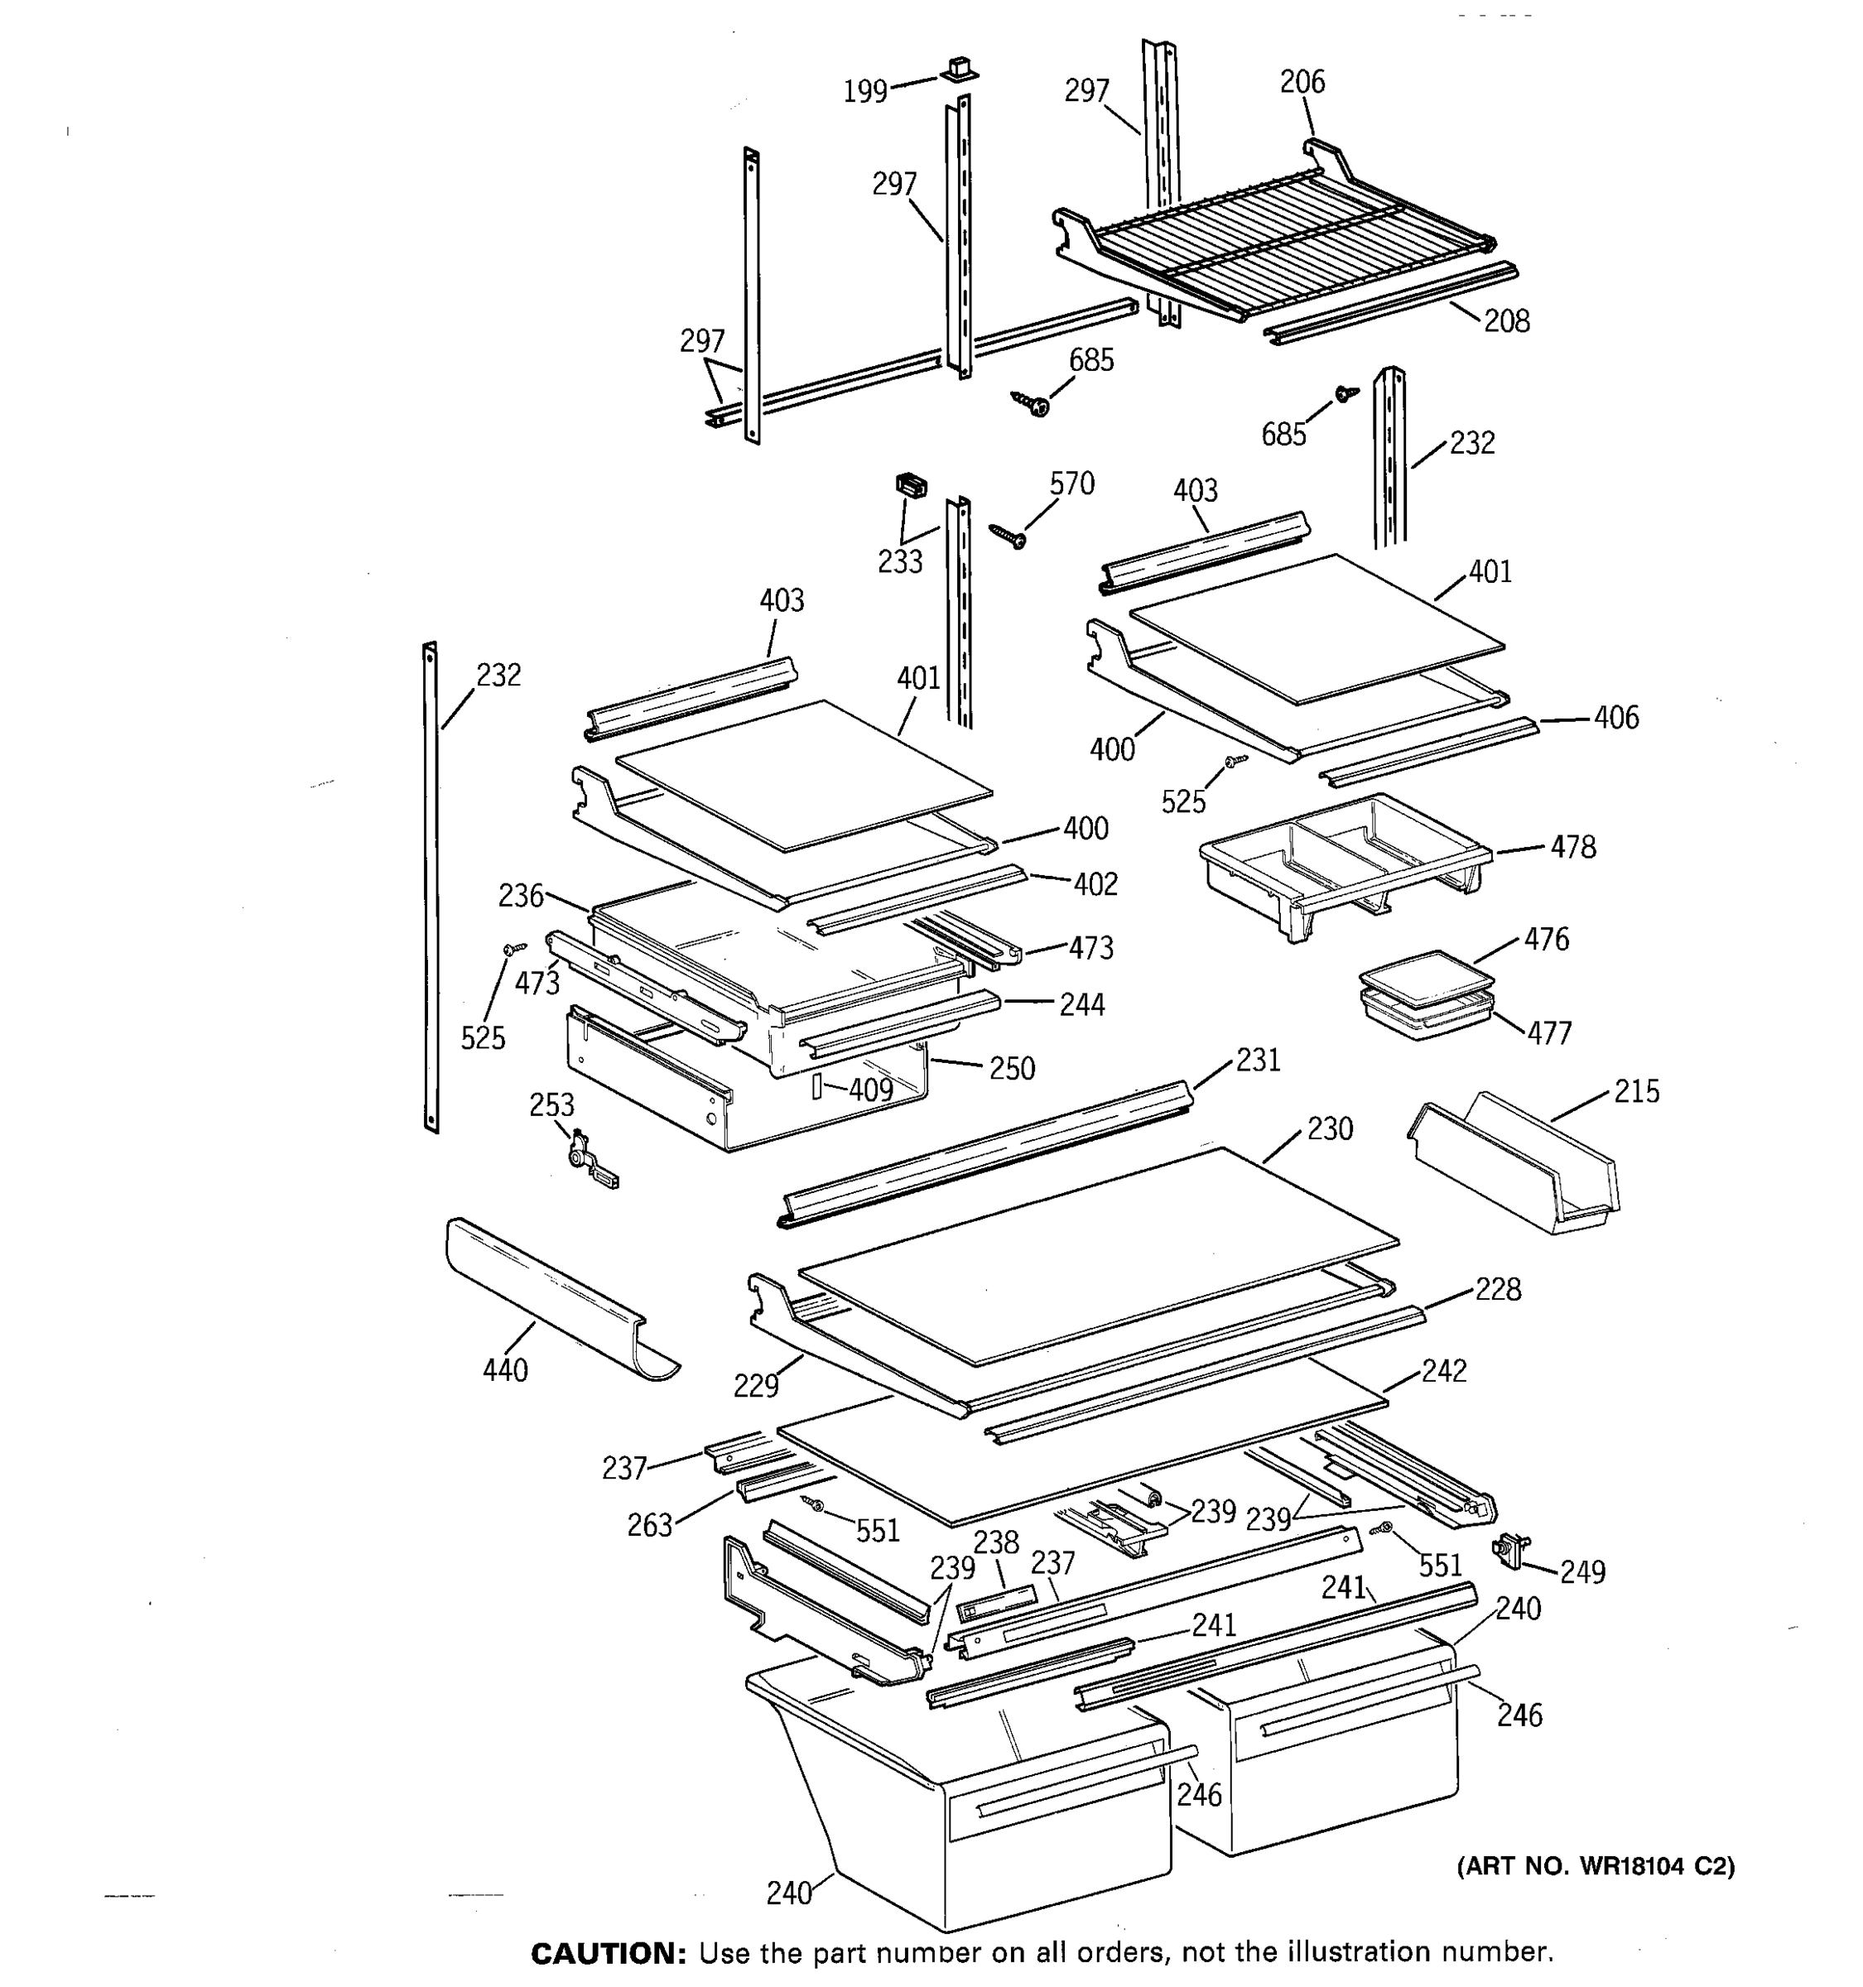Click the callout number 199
(864, 92)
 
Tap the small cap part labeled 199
(957, 69)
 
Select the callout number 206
(1302, 82)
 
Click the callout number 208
(1506, 321)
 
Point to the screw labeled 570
(1009, 536)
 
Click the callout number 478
(1573, 847)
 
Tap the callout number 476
(1546, 939)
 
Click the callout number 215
(1636, 1090)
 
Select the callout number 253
(551, 1104)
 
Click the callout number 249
(1582, 1572)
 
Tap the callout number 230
(1331, 1128)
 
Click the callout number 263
(650, 1525)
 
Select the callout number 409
(869, 1090)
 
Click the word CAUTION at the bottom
(603, 1953)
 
